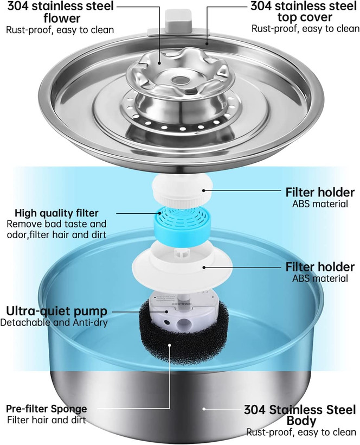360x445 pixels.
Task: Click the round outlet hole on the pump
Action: point(183,322)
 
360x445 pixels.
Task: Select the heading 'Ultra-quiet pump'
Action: point(57,311)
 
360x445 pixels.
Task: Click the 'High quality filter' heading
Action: point(57,213)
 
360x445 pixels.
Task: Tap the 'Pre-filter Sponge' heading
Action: point(47,409)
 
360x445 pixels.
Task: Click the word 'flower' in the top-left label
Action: point(62,18)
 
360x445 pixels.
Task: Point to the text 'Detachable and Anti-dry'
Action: point(54,323)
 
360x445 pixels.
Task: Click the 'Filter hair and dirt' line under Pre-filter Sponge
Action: point(47,419)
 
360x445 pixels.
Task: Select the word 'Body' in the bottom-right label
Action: point(301,421)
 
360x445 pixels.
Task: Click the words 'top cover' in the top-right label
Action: point(305,17)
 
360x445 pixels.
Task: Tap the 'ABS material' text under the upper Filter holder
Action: point(320,204)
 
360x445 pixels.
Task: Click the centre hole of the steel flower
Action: point(180,80)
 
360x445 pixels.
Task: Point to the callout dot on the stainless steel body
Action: point(203,409)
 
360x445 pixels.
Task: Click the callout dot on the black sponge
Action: point(170,345)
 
